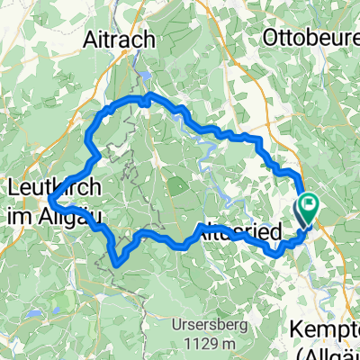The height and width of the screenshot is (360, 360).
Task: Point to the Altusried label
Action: pos(236,231)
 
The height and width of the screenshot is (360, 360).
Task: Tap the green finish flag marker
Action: pos(310,206)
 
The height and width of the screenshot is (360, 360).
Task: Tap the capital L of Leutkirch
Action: pos(12,189)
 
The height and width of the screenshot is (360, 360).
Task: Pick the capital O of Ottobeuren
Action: pos(266,40)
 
